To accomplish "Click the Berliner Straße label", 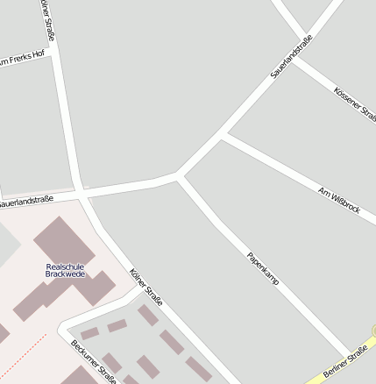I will pos(345,362).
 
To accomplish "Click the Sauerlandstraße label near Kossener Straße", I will pos(291,57).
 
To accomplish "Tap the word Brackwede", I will pos(66,274).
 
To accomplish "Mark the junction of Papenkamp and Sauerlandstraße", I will pos(180,176).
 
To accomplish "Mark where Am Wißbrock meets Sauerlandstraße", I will pos(223,135).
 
